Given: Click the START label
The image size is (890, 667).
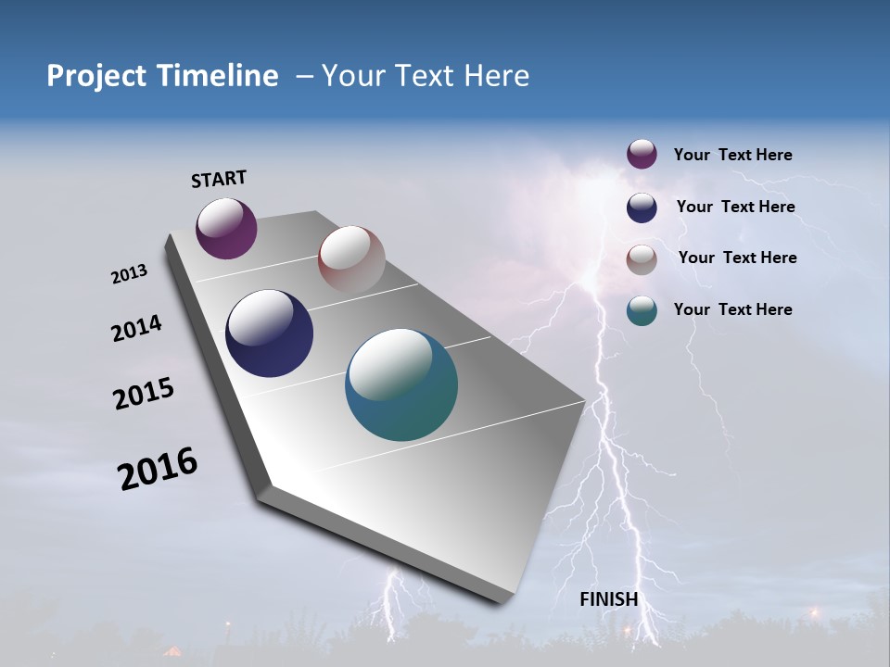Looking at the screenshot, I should pos(219,179).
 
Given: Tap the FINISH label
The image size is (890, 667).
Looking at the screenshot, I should pos(608,599).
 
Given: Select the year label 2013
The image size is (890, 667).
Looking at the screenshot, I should pos(129,274).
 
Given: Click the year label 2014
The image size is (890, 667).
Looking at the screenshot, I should pos(136,328).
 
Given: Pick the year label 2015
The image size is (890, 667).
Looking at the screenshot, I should pos(143,394).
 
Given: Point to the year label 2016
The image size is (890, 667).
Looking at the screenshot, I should pos(158,469).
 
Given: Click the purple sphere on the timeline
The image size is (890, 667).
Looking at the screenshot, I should pos(226,229).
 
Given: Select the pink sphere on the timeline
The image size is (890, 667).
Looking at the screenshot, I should pos(351,259).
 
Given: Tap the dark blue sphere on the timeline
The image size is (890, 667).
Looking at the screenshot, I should pos(269,333).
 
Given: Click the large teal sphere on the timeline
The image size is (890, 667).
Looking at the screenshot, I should pos(401,384).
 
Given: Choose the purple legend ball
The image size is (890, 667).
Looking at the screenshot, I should pos(642,154).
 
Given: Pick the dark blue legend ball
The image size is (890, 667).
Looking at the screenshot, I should pos(642,208).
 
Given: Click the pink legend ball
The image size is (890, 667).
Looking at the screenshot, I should pos(642,259).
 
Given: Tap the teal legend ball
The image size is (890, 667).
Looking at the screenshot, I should pos(642,310).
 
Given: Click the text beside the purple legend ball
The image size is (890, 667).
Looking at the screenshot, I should pos(732,156).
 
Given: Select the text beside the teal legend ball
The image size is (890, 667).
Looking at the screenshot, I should pos(732,309).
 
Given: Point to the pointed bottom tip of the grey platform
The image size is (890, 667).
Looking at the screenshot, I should pos(502,602).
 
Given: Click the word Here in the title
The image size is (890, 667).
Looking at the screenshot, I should pos(497,76).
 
